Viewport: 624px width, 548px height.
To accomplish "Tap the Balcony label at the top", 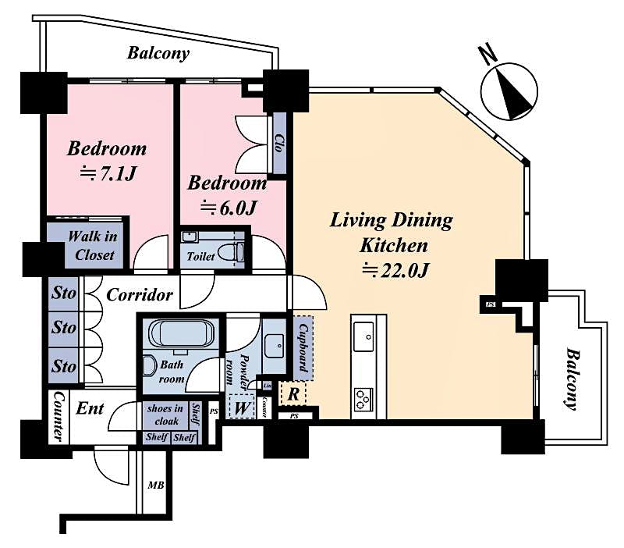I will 158,54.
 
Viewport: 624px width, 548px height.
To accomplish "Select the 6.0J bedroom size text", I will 228,208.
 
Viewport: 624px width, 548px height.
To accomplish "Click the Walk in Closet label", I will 90,245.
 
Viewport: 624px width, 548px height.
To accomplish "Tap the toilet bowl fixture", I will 232,252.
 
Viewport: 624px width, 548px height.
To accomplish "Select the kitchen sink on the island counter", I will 364,339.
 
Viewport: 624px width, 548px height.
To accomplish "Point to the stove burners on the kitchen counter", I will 364,398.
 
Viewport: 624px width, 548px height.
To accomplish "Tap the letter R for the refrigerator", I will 292,393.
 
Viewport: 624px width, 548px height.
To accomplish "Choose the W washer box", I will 243,407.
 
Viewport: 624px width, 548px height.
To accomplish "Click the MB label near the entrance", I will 156,485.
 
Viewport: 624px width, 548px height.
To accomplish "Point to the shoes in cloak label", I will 165,414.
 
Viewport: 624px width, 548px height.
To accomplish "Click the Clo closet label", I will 279,143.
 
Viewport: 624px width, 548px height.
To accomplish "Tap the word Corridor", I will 139,296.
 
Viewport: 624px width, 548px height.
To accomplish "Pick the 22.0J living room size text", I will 397,271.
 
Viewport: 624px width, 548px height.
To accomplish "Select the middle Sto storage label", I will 64,328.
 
